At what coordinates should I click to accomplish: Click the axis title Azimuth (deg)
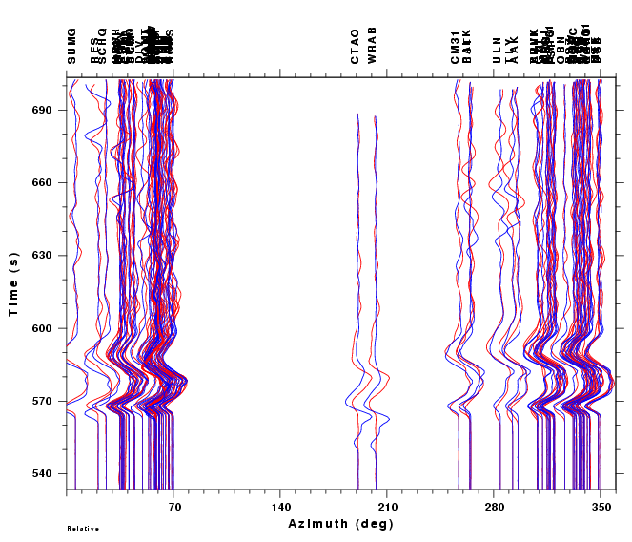click(x=340, y=524)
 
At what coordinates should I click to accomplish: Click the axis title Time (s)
click(x=14, y=283)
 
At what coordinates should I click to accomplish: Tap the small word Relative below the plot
click(x=83, y=528)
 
